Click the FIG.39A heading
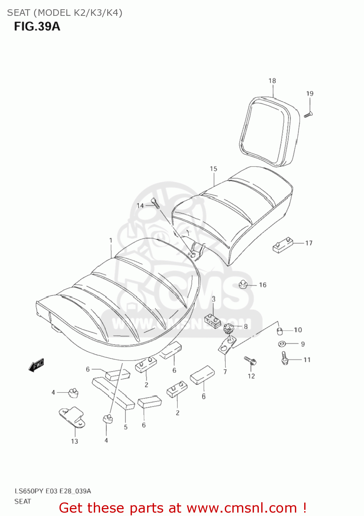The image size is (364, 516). coord(37,26)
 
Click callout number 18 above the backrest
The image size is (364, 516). coord(272,81)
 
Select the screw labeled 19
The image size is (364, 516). coord(308,115)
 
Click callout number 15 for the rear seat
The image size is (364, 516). coord(213,169)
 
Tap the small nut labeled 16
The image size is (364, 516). coord(243,284)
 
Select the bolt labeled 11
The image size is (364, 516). coord(285,358)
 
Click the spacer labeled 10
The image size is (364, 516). coord(279,331)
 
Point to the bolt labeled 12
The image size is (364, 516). coord(251,361)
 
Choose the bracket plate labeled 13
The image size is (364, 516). coord(73,417)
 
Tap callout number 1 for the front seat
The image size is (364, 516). coord(111,240)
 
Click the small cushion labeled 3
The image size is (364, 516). coord(213,321)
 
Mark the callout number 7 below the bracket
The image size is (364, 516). coord(225,372)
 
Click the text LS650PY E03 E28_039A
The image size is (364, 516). coord(53,491)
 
